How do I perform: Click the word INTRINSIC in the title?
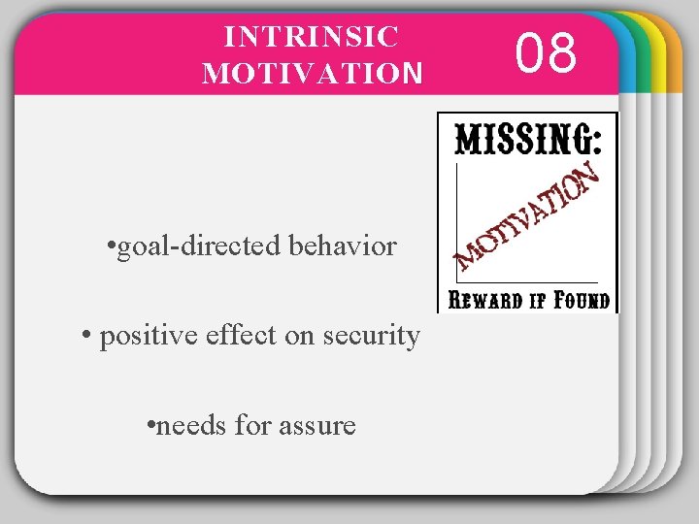(312, 37)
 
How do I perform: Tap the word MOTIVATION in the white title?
(313, 73)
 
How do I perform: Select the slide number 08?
(548, 53)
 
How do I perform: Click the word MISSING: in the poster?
(528, 142)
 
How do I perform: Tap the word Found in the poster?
(581, 299)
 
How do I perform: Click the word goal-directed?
(202, 246)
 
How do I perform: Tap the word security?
(374, 337)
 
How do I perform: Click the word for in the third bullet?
(242, 425)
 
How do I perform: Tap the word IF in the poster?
(536, 299)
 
